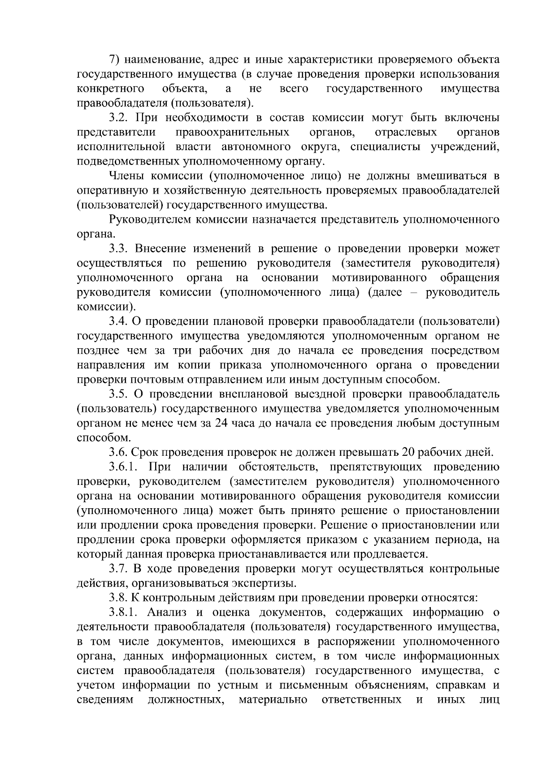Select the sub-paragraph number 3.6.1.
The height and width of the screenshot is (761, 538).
[x=125, y=467]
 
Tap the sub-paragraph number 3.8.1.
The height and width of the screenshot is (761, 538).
[x=125, y=613]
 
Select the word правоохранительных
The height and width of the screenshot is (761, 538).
[x=232, y=133]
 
